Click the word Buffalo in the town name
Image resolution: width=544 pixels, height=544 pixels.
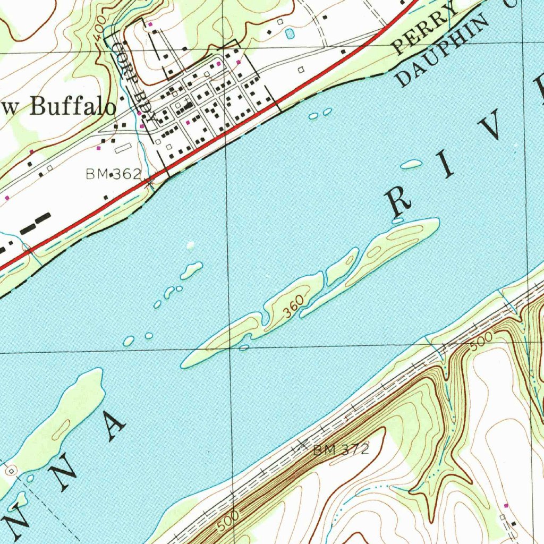pos(73,107)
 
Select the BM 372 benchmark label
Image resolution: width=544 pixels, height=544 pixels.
pos(341,450)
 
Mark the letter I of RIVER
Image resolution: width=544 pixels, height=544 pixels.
pos(447,167)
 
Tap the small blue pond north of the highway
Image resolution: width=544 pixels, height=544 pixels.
pos(289,34)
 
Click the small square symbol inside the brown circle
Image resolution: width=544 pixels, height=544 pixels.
pos(11,471)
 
